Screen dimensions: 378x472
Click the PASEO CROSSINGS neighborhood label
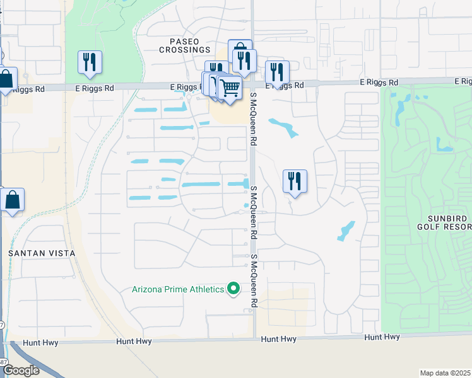point(184,45)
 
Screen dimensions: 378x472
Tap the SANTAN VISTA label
point(42,253)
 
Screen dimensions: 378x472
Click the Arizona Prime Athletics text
point(178,289)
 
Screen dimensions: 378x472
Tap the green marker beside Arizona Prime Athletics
point(233,289)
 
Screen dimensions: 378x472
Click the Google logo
point(21,370)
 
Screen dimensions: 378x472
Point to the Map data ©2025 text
point(445,373)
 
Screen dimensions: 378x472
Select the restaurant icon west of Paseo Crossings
point(90,62)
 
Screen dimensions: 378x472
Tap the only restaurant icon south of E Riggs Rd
point(295,181)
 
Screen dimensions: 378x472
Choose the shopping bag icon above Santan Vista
point(12,200)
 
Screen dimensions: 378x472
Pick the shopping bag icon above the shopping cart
point(240,50)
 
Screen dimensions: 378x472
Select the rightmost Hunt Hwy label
point(382,337)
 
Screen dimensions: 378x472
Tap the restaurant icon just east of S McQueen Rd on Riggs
point(277,72)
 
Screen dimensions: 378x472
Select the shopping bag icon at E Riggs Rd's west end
point(6,80)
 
